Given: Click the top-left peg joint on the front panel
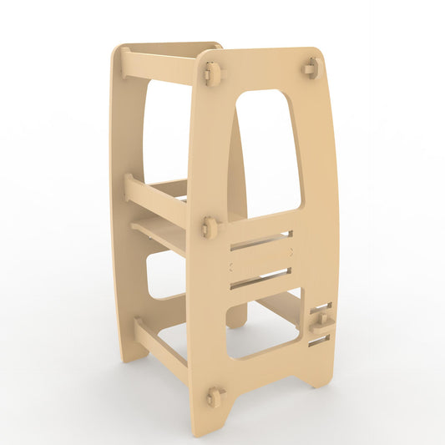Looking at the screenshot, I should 211,74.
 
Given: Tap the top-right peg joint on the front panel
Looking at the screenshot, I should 311,68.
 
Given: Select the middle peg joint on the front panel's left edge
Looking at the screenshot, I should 210,225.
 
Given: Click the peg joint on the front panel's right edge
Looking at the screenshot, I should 322,321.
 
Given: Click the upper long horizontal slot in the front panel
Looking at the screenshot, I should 260,241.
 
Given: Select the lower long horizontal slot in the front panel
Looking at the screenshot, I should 260,280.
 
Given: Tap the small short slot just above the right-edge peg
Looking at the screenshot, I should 321,308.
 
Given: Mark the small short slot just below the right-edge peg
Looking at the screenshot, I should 319,340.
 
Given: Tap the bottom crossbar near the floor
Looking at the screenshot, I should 161,351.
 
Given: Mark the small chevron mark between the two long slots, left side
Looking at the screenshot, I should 231,266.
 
